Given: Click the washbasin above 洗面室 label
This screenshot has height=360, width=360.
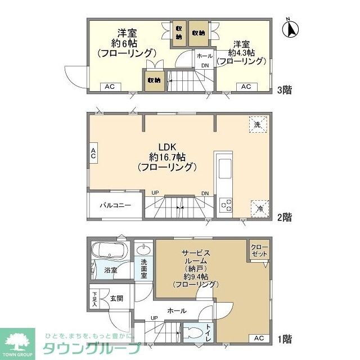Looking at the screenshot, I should click(143, 249).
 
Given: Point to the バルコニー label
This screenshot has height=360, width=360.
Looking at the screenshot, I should click(116, 205).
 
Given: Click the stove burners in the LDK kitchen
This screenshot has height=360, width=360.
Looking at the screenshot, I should click(227, 205).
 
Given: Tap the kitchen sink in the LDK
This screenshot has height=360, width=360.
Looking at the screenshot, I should click(223, 167).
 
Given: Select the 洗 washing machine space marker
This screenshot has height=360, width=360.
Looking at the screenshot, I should click(257, 124).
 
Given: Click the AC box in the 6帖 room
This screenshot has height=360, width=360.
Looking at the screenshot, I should click(110, 87).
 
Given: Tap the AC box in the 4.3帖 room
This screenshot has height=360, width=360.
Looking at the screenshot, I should click(246, 87).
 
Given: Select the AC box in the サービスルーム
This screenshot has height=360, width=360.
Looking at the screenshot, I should click(258, 338).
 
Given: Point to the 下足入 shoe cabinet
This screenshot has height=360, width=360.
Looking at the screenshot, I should click(94, 298).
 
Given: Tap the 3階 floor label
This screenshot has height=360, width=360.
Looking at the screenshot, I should click(284, 89).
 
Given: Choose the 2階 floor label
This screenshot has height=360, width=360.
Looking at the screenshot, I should click(284, 215).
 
